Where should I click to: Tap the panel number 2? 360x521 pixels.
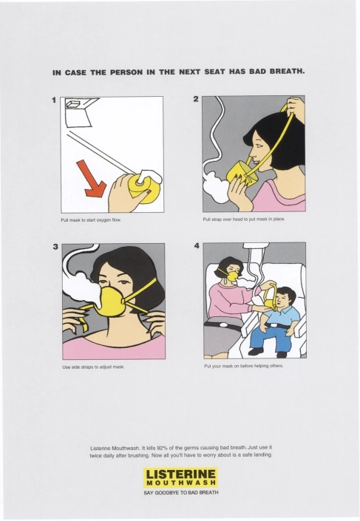196,99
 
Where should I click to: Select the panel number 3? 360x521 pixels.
55,247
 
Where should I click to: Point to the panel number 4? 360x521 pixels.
197,245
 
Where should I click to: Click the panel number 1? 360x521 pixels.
54,100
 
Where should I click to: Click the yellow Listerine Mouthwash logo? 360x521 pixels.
180,477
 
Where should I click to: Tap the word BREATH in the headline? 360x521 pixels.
287,71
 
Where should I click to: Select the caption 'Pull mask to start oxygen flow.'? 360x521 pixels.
91,220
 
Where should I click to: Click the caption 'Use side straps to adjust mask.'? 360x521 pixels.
93,367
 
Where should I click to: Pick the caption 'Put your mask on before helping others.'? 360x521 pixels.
244,366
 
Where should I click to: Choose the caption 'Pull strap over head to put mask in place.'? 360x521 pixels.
244,219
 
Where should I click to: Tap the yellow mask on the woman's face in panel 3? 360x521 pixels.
111,302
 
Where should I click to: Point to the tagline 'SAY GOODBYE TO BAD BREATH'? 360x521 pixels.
181,492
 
